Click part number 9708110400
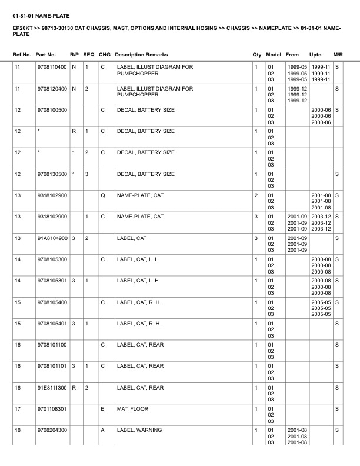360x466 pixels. click(x=52, y=68)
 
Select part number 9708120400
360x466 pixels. click(x=52, y=89)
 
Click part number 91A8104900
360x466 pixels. click(x=52, y=238)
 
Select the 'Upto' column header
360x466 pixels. click(x=315, y=55)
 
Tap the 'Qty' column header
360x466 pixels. click(x=257, y=55)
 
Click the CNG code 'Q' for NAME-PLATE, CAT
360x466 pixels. click(x=103, y=195)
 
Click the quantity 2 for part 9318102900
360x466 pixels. click(x=256, y=195)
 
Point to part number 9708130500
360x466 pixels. click(x=52, y=174)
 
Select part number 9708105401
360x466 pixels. click(x=52, y=323)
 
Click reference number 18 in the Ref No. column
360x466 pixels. click(x=18, y=431)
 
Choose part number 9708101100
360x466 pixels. click(x=52, y=344)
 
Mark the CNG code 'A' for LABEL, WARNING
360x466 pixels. click(x=102, y=431)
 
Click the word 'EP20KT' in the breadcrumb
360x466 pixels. click(x=22, y=28)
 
